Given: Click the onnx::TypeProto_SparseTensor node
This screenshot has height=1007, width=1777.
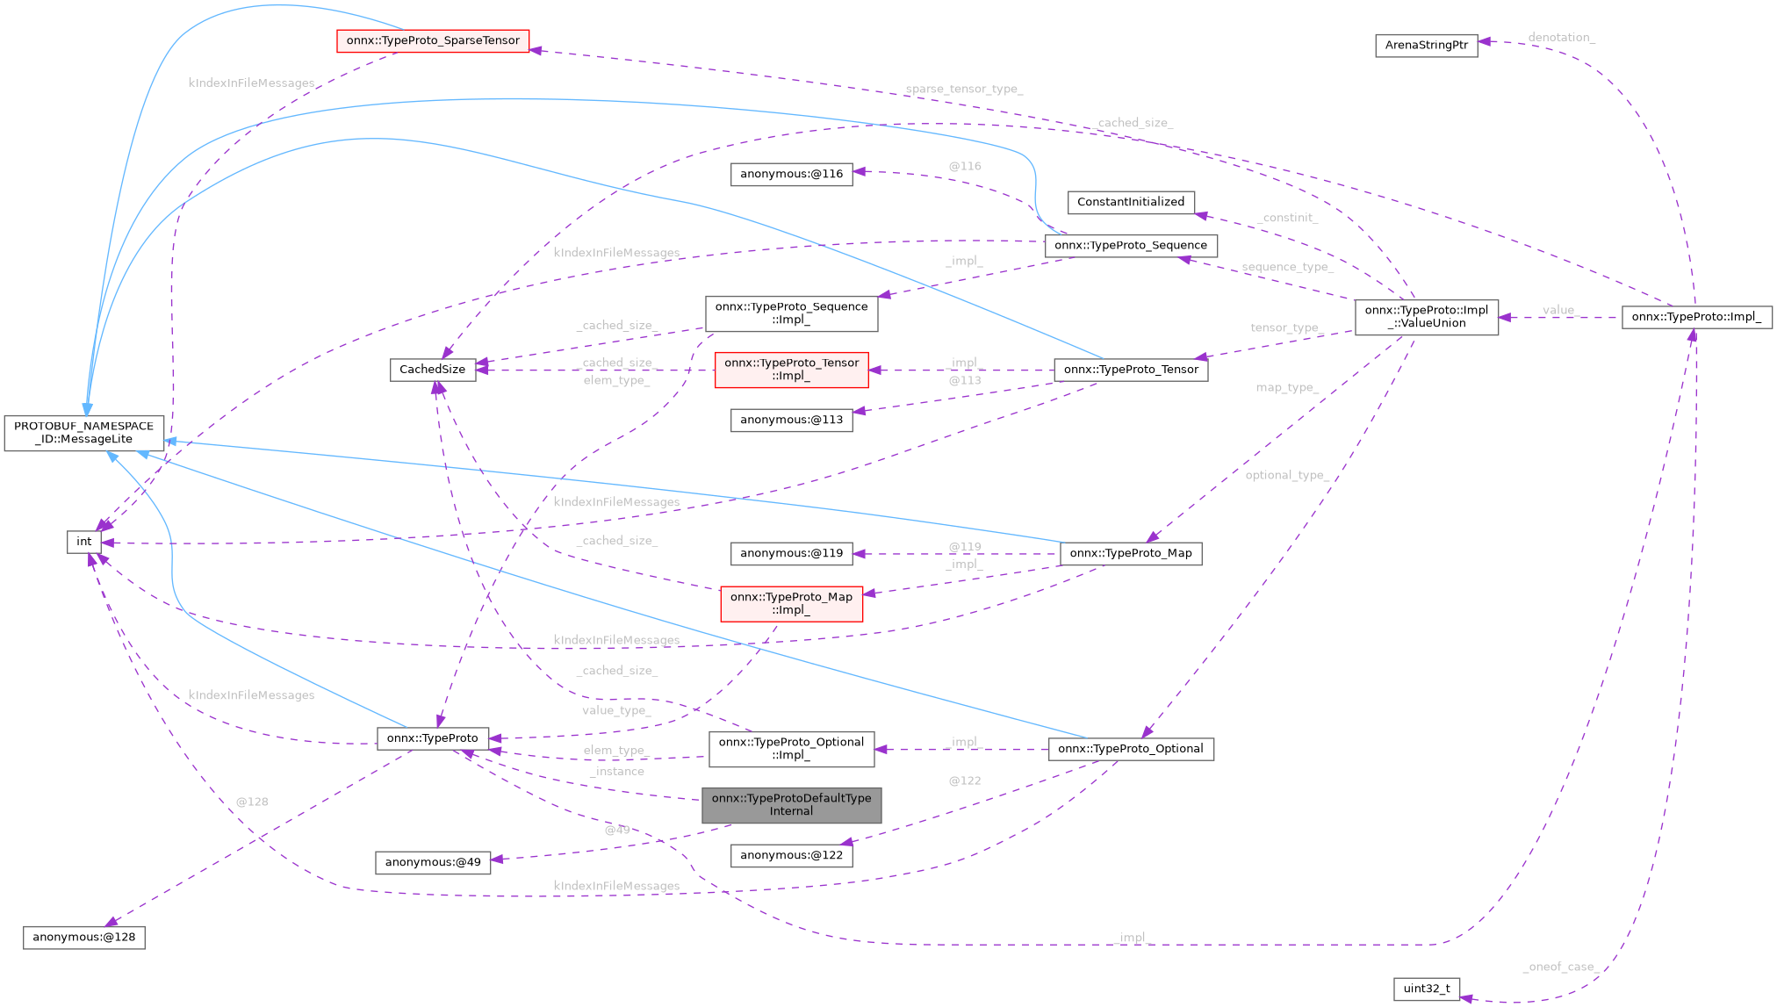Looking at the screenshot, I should point(433,40).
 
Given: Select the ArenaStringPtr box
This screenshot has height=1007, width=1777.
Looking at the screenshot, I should point(1426,45).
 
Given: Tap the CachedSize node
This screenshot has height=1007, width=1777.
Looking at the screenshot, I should point(432,370).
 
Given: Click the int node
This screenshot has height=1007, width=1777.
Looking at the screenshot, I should point(83,542).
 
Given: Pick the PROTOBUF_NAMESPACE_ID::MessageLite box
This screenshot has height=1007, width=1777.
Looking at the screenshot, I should point(83,433).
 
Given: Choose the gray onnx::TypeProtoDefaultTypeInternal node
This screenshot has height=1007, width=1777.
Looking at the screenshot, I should point(791,804).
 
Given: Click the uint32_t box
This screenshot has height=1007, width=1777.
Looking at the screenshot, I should point(1426,989).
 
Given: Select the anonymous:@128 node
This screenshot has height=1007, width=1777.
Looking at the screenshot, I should point(83,937).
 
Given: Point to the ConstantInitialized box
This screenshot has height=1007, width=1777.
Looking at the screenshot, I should point(1130,202).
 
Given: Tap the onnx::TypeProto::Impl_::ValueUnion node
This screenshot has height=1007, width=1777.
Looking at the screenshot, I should point(1426,317).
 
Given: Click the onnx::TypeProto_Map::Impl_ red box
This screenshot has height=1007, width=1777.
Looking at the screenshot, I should point(791,603).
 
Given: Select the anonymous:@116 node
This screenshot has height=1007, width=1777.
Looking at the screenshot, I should point(791,174).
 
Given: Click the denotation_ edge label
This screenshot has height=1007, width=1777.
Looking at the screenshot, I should point(1561,38).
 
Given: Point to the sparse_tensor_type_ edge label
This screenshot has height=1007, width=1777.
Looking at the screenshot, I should point(963,90).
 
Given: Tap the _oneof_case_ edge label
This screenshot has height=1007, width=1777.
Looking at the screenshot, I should point(1558,967).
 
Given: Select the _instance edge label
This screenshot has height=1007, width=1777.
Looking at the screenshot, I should point(617,772).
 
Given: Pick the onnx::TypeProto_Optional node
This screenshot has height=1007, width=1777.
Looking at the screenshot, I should point(1130,749).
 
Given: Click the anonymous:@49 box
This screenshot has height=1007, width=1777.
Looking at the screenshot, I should point(433,862).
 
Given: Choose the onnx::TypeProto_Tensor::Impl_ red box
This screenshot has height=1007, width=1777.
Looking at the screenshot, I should point(791,370).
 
